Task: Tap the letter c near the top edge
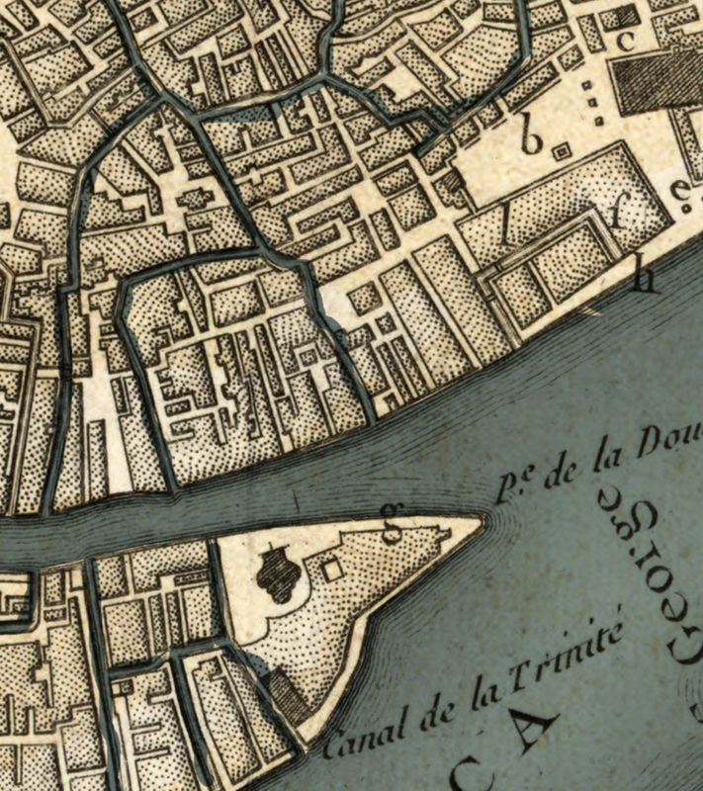tap(624, 42)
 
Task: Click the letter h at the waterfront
tap(646, 280)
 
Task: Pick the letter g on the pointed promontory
tap(393, 532)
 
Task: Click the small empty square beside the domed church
tap(332, 570)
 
